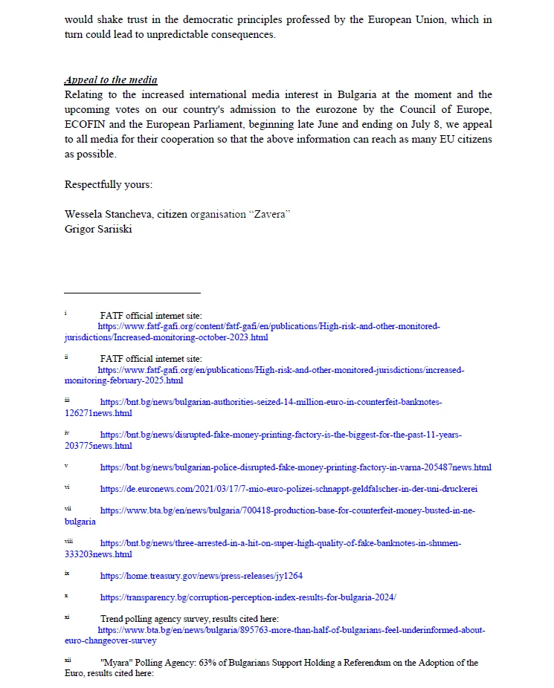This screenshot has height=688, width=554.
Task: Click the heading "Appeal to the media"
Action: tap(111, 80)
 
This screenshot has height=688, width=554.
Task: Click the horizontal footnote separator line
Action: tap(132, 293)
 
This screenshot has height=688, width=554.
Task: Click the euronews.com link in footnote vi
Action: tap(289, 488)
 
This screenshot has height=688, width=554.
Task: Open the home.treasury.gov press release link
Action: tap(201, 575)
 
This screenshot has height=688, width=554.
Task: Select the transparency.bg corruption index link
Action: tap(248, 597)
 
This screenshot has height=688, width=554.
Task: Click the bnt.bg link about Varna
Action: tap(295, 467)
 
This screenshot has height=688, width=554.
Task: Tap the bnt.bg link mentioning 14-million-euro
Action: tap(271, 402)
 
